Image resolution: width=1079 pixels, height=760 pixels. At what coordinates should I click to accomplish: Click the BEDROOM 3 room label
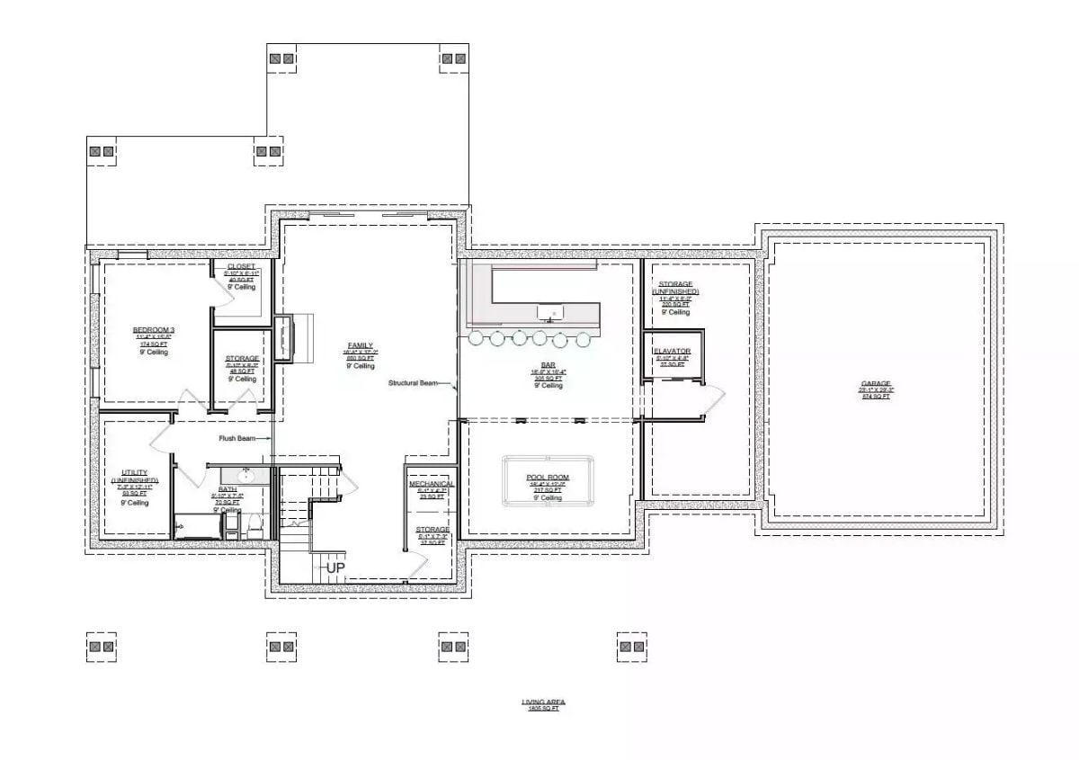pos(154,330)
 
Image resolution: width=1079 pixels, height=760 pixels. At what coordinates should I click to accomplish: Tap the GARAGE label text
pos(876,383)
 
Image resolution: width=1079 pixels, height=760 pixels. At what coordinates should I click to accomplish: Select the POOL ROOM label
pos(548,478)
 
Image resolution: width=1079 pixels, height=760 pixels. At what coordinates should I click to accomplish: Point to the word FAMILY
pos(361,345)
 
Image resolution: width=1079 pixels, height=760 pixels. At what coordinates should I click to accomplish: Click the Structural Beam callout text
pos(413,383)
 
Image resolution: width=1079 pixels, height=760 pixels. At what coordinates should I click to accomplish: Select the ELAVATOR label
pos(673,351)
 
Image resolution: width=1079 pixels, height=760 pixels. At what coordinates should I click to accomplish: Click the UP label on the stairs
pos(335,568)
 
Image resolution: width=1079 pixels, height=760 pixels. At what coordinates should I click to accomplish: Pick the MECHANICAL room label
pos(432,484)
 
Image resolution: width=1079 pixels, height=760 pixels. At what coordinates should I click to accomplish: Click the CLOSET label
pos(242,267)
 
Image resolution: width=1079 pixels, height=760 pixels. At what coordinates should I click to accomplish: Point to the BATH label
pos(227,489)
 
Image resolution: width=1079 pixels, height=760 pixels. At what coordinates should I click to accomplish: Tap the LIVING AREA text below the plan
pos(543,702)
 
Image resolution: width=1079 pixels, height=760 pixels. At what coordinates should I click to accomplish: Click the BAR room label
pos(548,365)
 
